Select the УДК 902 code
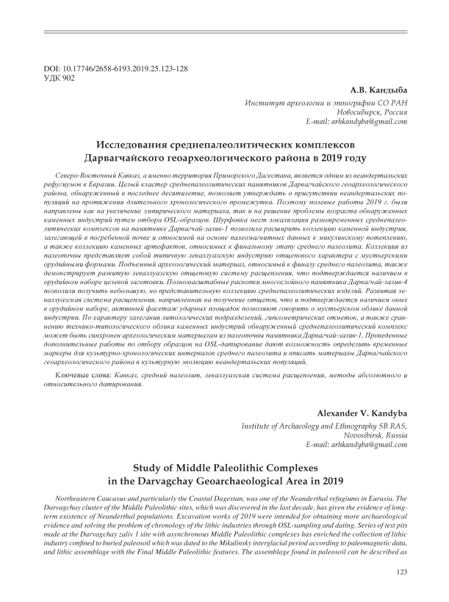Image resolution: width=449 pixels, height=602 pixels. click(x=60, y=77)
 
